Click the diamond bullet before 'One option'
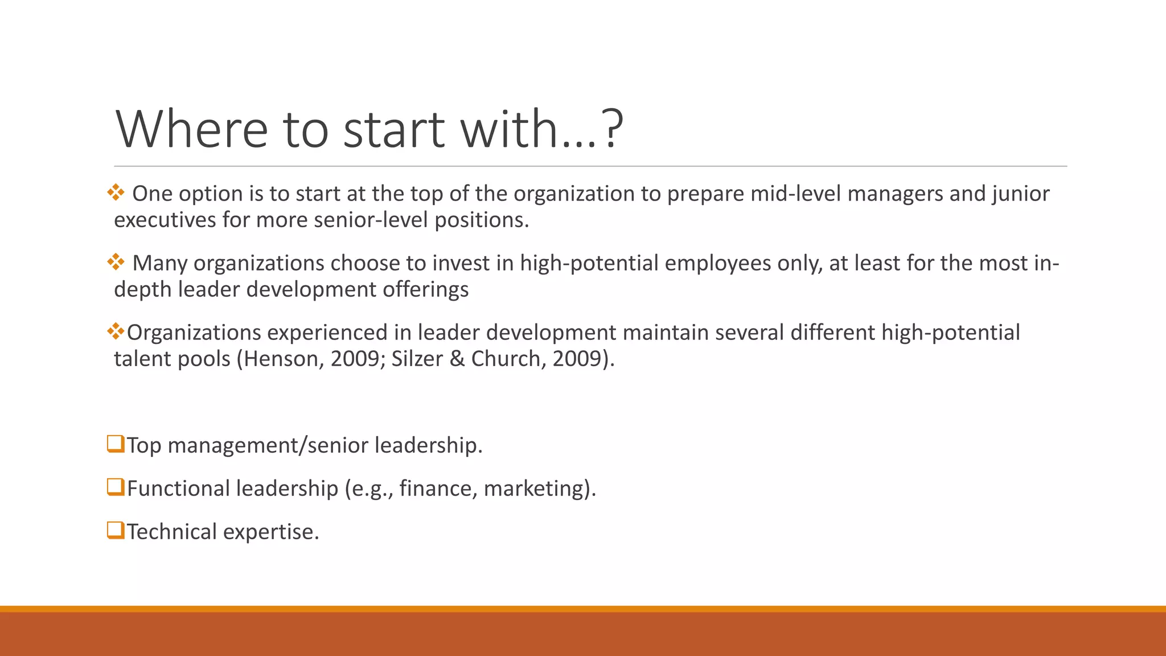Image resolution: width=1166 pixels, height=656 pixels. click(x=116, y=192)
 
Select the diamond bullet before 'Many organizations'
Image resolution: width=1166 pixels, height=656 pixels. click(x=116, y=262)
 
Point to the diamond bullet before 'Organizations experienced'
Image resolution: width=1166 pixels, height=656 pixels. click(x=116, y=331)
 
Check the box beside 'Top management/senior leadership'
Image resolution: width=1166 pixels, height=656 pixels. click(x=116, y=444)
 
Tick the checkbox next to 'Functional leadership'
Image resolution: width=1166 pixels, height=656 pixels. click(x=116, y=487)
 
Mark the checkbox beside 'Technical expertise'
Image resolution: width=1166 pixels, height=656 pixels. click(x=116, y=530)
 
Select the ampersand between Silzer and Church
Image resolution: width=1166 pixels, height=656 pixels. click(x=457, y=359)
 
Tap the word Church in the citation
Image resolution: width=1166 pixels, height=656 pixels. click(x=508, y=359)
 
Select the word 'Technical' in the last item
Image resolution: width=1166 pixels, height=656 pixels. click(x=171, y=532)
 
